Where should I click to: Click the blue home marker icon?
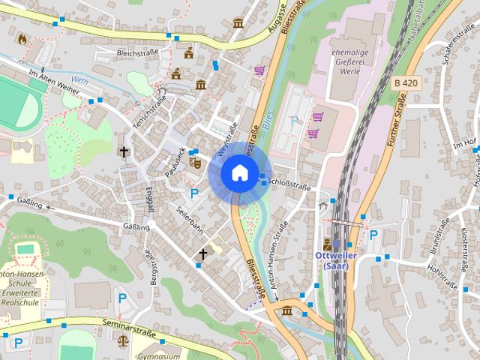coord(238,172)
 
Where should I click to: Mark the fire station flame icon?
coord(22,38)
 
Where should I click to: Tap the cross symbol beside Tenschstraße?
coord(124,151)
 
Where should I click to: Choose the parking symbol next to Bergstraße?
coord(122,298)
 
